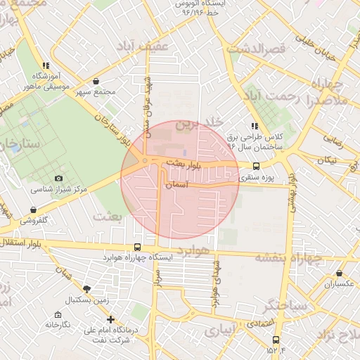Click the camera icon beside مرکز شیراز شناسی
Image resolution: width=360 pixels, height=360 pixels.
coord(58,179)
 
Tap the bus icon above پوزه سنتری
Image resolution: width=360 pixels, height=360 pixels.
coord(255,167)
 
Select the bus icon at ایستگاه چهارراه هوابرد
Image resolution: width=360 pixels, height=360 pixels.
coord(137,247)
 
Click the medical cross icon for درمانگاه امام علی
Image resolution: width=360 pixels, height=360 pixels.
coord(110,319)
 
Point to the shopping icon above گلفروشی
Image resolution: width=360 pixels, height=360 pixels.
coord(33,210)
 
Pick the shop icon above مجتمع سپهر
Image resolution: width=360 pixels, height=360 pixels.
coord(95,81)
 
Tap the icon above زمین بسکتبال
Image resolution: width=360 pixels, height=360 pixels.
coord(87,289)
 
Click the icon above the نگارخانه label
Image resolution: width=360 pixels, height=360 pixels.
coord(58,314)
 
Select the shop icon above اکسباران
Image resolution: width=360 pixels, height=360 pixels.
coord(340,274)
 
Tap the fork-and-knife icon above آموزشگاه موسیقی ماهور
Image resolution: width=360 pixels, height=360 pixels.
coord(46,65)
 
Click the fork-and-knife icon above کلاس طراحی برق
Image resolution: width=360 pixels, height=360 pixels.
coord(254,125)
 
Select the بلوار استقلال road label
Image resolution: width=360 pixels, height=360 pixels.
coord(23,243)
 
